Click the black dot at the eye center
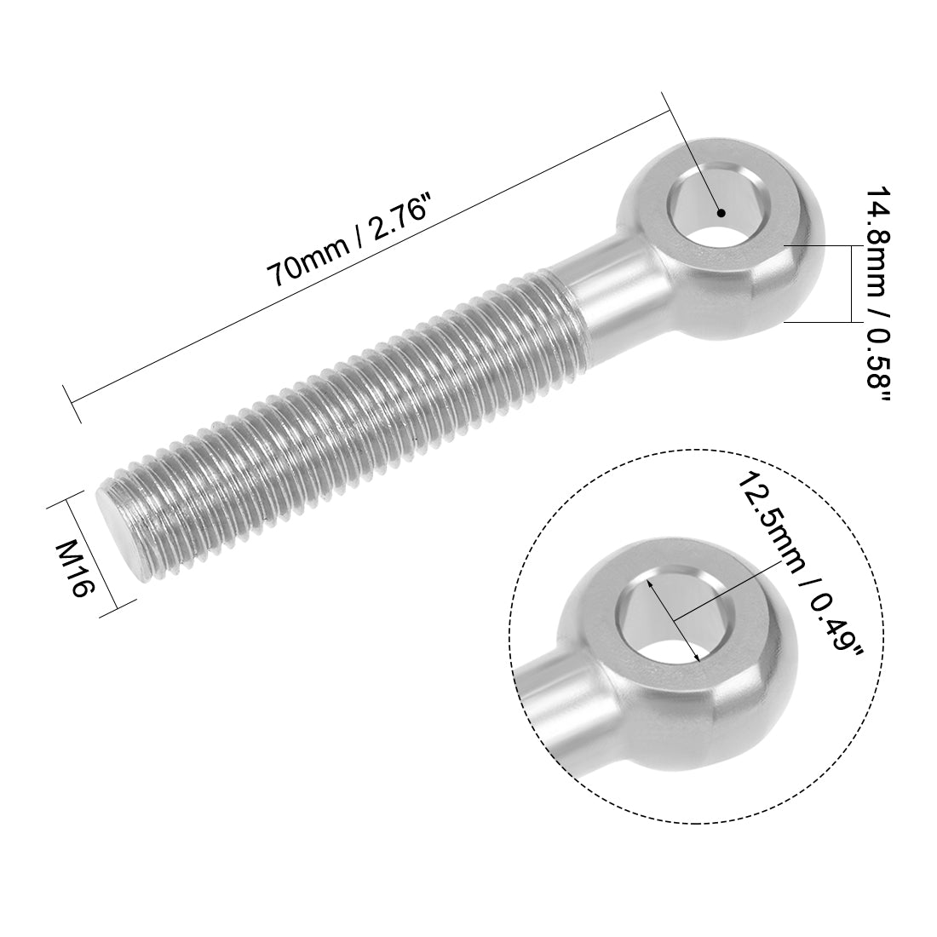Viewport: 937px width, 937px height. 721,214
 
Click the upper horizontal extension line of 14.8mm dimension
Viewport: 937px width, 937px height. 818,245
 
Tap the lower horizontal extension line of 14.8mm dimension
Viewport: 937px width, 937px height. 818,322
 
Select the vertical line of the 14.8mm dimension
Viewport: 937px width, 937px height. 851,284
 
